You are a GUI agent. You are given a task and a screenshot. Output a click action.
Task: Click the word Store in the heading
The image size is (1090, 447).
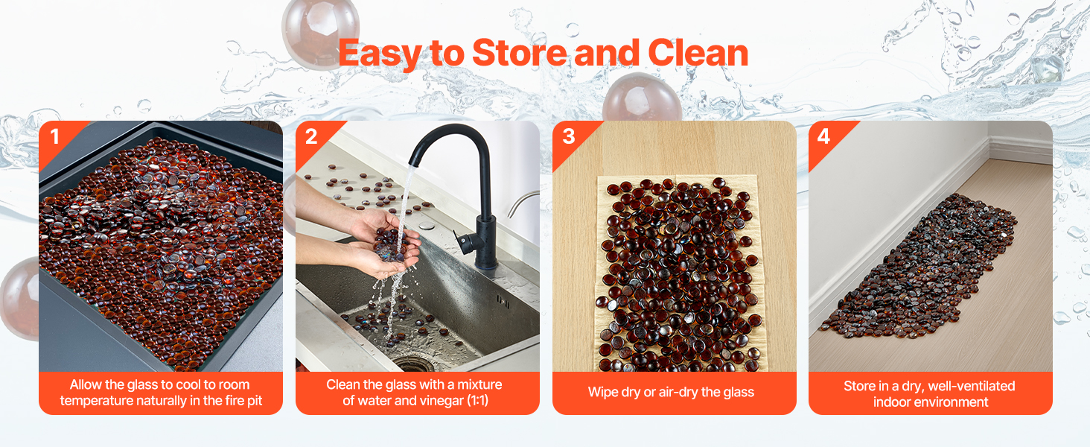pos(519,53)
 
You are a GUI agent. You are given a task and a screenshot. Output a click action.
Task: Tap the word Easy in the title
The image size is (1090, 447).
pos(380,54)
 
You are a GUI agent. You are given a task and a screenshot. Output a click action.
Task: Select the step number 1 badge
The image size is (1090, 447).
pos(54,137)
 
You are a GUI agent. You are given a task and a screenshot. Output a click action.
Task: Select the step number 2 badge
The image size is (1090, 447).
pos(311,137)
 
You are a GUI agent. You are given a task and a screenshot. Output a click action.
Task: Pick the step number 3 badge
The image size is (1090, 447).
pos(568,136)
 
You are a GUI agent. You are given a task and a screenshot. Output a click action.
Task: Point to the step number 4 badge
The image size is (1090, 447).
pos(823,136)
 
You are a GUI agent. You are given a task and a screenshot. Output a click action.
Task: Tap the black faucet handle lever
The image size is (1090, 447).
pos(464,242)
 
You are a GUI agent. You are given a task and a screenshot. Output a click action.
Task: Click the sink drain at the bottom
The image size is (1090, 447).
pos(414,364)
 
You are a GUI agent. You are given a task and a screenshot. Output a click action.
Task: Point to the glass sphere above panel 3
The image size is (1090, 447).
pos(642,98)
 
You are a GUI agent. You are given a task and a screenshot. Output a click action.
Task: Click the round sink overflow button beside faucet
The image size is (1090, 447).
pos(427,226)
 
